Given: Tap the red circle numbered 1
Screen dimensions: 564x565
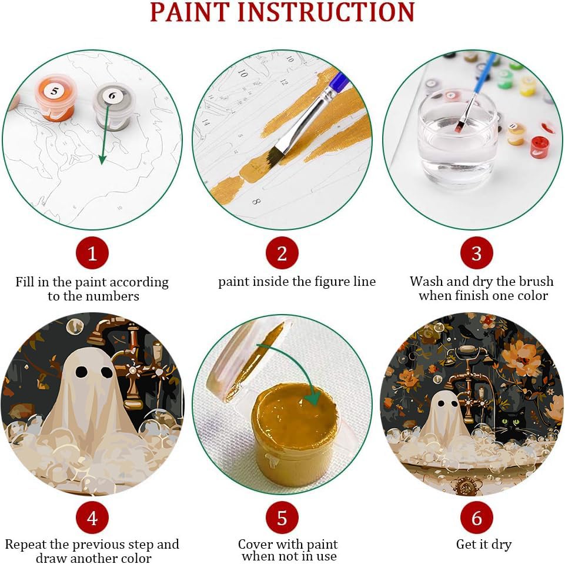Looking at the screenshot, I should (92, 253).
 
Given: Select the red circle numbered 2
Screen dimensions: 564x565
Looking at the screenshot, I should (282, 253).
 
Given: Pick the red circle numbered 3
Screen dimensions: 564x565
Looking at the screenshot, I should (476, 253).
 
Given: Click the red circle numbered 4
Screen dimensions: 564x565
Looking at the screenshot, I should (92, 518).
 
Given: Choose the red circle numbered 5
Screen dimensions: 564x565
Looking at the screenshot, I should (282, 518).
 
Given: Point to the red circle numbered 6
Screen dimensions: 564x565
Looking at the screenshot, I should (476, 518).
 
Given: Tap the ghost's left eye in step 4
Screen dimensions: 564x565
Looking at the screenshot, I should (82, 372).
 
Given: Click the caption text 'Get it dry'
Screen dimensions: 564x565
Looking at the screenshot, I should (483, 544).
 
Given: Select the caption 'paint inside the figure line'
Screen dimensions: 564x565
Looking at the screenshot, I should (297, 282).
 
